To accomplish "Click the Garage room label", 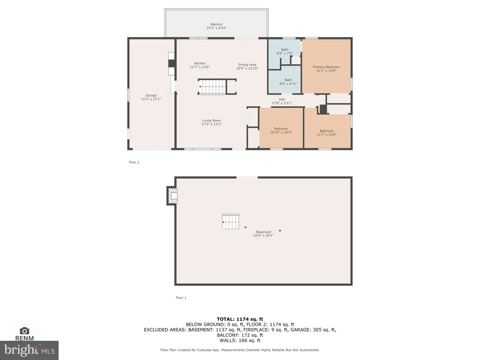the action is (151, 96).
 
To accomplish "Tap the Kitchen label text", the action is (200, 63).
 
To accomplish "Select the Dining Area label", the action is (247, 65).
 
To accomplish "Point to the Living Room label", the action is (211, 120).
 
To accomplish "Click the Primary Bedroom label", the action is (326, 67).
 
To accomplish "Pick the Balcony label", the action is (217, 24).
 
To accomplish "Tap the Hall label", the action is (282, 99).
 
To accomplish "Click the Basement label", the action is (263, 232).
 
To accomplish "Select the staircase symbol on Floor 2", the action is (217, 87).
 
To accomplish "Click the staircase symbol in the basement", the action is (231, 221).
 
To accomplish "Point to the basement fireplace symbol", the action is (172, 195).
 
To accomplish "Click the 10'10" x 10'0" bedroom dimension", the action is (281, 133).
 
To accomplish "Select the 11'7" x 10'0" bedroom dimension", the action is (327, 135).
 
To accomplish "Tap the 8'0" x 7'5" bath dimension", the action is (285, 53).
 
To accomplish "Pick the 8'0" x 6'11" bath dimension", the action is (288, 83).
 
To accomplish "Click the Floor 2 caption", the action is (134, 162).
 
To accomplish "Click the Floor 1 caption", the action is (181, 298).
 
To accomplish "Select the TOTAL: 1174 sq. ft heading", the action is (240, 319).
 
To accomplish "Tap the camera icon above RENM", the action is (24, 330).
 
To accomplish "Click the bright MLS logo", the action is (29, 350).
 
